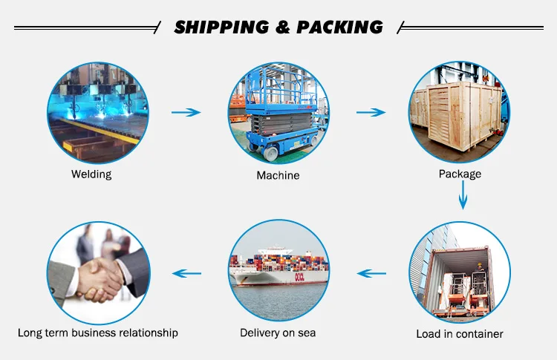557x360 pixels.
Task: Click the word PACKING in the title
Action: click(x=340, y=27)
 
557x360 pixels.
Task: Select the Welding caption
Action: click(x=91, y=174)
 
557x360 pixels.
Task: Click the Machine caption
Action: click(x=278, y=175)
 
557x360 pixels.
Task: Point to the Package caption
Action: click(x=460, y=174)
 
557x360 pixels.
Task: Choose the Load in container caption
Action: click(x=460, y=333)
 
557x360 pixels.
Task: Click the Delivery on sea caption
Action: click(x=278, y=333)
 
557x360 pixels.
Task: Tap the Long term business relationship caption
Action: click(x=98, y=333)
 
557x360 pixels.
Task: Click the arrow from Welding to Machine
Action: click(x=186, y=112)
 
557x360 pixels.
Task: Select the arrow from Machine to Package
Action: click(x=371, y=112)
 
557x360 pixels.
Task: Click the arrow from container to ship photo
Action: click(x=372, y=273)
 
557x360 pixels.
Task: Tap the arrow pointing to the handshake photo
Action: click(x=186, y=273)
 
